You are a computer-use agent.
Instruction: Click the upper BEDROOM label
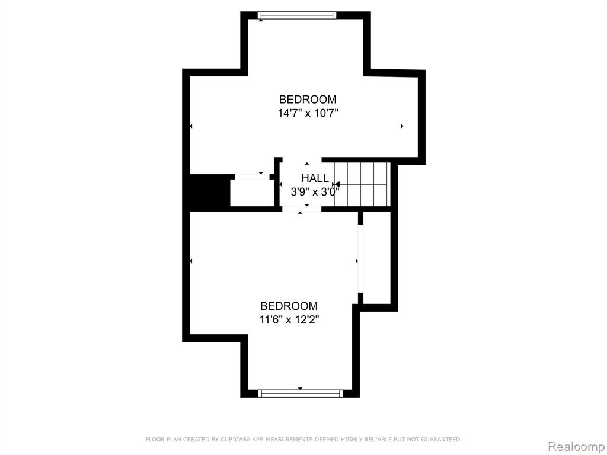click(308, 100)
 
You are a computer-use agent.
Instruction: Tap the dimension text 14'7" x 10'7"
click(308, 113)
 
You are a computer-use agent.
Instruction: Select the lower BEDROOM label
click(289, 306)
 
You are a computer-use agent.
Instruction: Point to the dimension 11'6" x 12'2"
click(289, 320)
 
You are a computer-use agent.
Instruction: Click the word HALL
click(315, 178)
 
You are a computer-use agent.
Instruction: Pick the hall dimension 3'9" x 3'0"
click(315, 191)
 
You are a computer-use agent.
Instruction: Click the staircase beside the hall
click(362, 185)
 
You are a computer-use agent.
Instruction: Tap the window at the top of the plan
click(297, 15)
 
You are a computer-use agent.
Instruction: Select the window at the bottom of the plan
click(301, 393)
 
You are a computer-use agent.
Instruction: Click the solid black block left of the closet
click(209, 193)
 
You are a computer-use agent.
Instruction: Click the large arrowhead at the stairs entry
click(336, 185)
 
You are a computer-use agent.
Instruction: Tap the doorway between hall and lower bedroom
click(302, 209)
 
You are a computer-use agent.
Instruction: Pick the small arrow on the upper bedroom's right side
click(402, 126)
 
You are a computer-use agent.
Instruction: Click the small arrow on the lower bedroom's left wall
click(191, 261)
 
